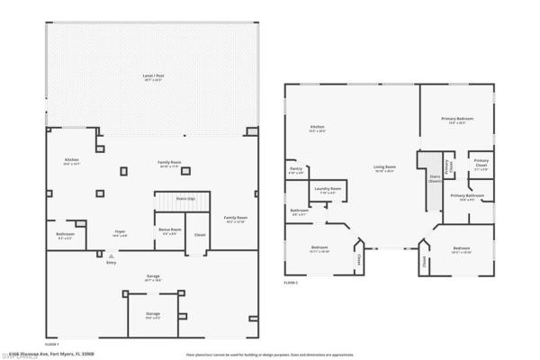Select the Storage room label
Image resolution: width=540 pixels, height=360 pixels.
[153, 314]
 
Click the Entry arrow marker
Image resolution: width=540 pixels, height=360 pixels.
[111, 256]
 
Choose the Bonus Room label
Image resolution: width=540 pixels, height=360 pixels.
[169, 229]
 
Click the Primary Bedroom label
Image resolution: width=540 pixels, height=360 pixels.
[457, 120]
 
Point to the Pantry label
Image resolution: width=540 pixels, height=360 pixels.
[296, 168]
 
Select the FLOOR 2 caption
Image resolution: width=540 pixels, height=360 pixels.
[291, 283]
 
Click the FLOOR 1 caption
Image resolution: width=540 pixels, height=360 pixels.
[52, 344]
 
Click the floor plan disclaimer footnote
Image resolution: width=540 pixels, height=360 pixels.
[270, 355]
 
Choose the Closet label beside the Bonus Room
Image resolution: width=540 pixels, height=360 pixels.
[200, 236]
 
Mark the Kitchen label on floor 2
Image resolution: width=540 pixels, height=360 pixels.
[317, 128]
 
